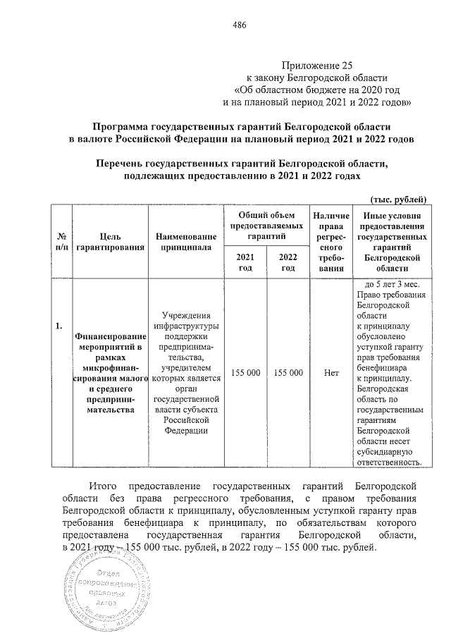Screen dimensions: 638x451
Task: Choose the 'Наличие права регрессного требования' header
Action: click(331, 242)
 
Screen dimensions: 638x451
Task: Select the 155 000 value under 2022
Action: click(288, 372)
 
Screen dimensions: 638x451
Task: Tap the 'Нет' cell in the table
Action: click(331, 372)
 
